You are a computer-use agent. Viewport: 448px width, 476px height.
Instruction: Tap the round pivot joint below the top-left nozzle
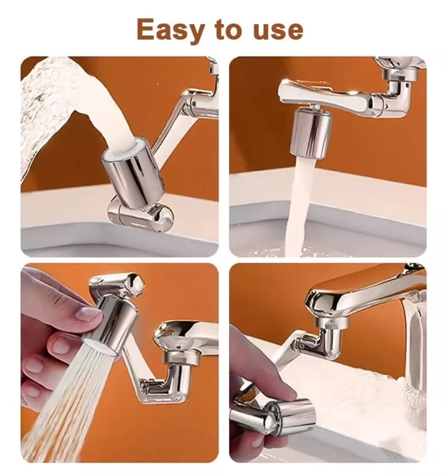tap(141, 214)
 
